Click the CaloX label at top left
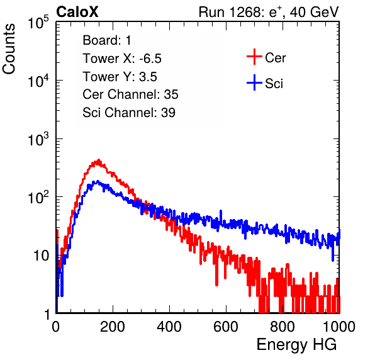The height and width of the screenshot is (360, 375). point(77,12)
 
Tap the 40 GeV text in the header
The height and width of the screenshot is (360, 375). point(314,12)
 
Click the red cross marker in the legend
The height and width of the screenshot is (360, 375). point(254,57)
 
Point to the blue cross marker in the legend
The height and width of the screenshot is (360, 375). point(254,82)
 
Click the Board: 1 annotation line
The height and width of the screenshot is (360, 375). point(107,40)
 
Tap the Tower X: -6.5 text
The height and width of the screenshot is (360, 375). point(122,59)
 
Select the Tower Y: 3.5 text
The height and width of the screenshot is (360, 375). point(120,77)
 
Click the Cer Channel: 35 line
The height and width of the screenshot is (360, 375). point(130,94)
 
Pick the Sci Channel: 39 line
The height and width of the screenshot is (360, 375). point(129,113)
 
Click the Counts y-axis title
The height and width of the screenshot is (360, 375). point(9,49)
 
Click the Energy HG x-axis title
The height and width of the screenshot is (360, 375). point(296,344)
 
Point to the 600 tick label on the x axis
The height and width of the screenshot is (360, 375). point(226,327)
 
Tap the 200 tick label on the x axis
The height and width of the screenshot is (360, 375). point(113,327)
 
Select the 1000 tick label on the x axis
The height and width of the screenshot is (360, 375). point(339,327)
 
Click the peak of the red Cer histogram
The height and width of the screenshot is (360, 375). point(99,160)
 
